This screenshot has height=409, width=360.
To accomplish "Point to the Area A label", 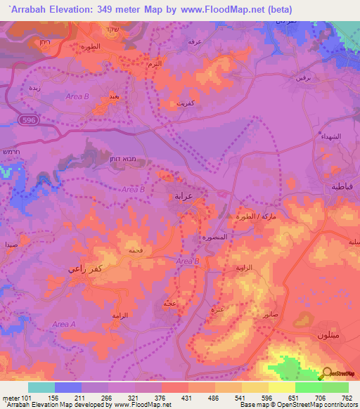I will tap(63, 324).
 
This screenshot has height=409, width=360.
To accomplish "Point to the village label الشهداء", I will tap(330, 136).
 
